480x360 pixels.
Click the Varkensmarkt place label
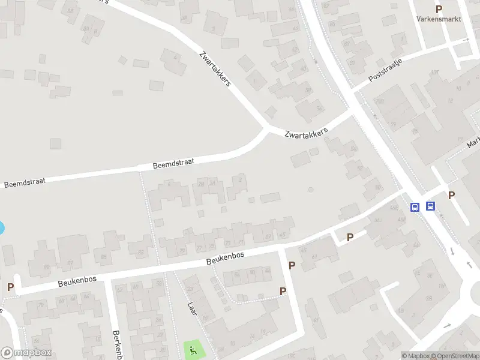point(438,19)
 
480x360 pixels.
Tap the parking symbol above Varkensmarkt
point(439,9)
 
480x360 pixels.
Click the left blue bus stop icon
point(415,206)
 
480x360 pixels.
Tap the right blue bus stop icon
point(430,206)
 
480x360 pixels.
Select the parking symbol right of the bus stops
point(451,195)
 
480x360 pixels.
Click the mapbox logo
point(26,353)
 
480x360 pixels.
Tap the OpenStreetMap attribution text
point(454,356)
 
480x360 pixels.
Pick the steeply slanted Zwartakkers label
point(215,68)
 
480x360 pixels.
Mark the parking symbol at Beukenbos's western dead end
point(10,287)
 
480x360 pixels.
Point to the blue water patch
point(1,228)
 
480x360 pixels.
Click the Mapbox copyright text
point(416,356)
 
